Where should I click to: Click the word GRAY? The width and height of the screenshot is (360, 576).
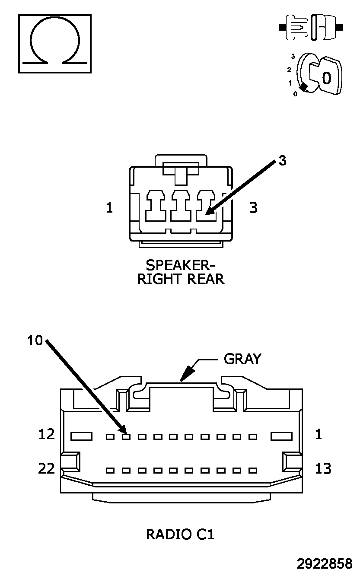click(x=242, y=359)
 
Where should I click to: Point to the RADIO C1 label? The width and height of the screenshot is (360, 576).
click(x=180, y=535)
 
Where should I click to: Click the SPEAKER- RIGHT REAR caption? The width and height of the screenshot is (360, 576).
click(x=181, y=272)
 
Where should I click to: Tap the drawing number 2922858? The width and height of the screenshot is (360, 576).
click(x=325, y=564)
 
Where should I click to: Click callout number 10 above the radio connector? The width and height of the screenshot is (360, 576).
click(x=35, y=341)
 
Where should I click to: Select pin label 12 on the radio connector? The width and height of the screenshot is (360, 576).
click(x=47, y=434)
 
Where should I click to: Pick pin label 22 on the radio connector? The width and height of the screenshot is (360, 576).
click(x=47, y=468)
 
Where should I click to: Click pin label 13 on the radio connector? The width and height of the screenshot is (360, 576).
click(x=323, y=468)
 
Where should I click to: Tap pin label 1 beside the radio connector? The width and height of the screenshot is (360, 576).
click(x=319, y=434)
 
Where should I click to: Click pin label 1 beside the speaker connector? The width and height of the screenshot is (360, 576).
click(x=109, y=207)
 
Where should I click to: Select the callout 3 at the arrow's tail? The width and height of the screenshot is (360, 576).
click(x=282, y=160)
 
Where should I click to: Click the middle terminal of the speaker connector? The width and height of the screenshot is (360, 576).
click(x=181, y=206)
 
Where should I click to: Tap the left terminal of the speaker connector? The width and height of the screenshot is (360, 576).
click(x=155, y=206)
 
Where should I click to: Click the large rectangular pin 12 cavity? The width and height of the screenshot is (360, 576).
click(x=81, y=436)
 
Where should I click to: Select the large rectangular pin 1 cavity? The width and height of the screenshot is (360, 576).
click(x=282, y=436)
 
